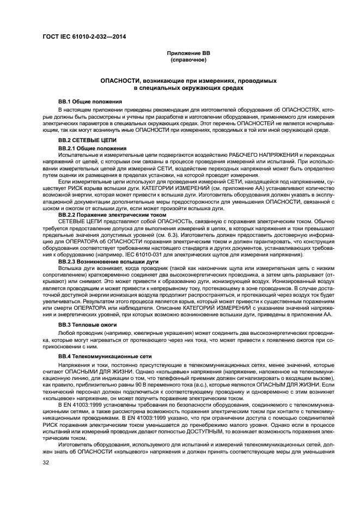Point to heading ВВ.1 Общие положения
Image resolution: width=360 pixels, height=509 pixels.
(x=90, y=102)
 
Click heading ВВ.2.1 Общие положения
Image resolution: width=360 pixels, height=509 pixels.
(x=92, y=148)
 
